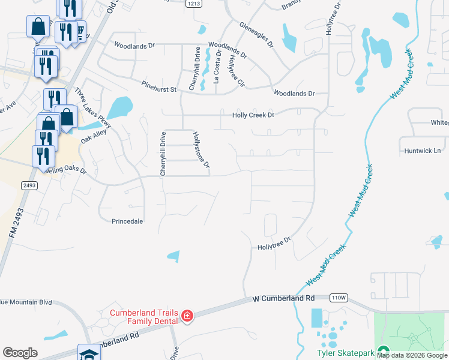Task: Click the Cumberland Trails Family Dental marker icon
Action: coord(187,316)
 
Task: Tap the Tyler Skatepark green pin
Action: coord(382,353)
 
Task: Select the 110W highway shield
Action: coord(339,298)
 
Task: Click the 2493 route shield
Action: coord(29,185)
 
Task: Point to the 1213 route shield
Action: coord(193,4)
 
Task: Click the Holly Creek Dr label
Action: coord(253,115)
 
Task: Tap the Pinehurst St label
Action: coord(159,89)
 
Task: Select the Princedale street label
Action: coord(127,221)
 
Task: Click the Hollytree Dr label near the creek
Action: coord(274,243)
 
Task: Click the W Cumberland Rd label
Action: coord(283,298)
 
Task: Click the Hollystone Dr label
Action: coord(201,150)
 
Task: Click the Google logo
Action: coord(20,353)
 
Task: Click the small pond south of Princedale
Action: coord(173,256)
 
